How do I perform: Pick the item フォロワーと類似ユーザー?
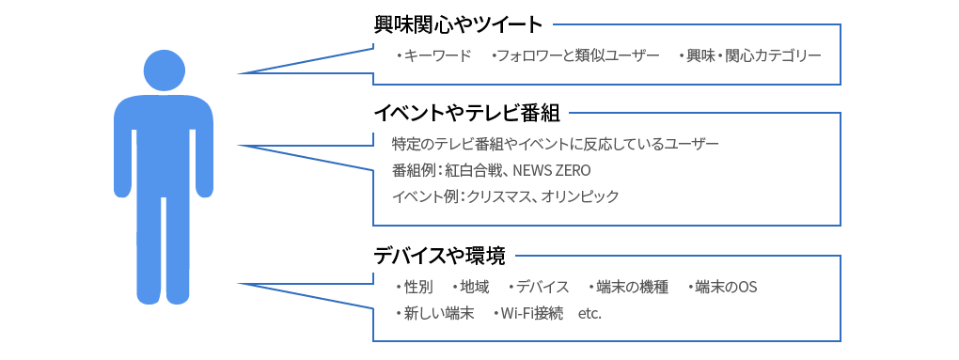[x=577, y=56]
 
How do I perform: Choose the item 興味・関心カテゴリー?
[x=752, y=56]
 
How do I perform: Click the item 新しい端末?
[x=438, y=313]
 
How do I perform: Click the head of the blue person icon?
[x=165, y=70]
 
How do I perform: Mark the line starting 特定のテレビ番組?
[x=555, y=144]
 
